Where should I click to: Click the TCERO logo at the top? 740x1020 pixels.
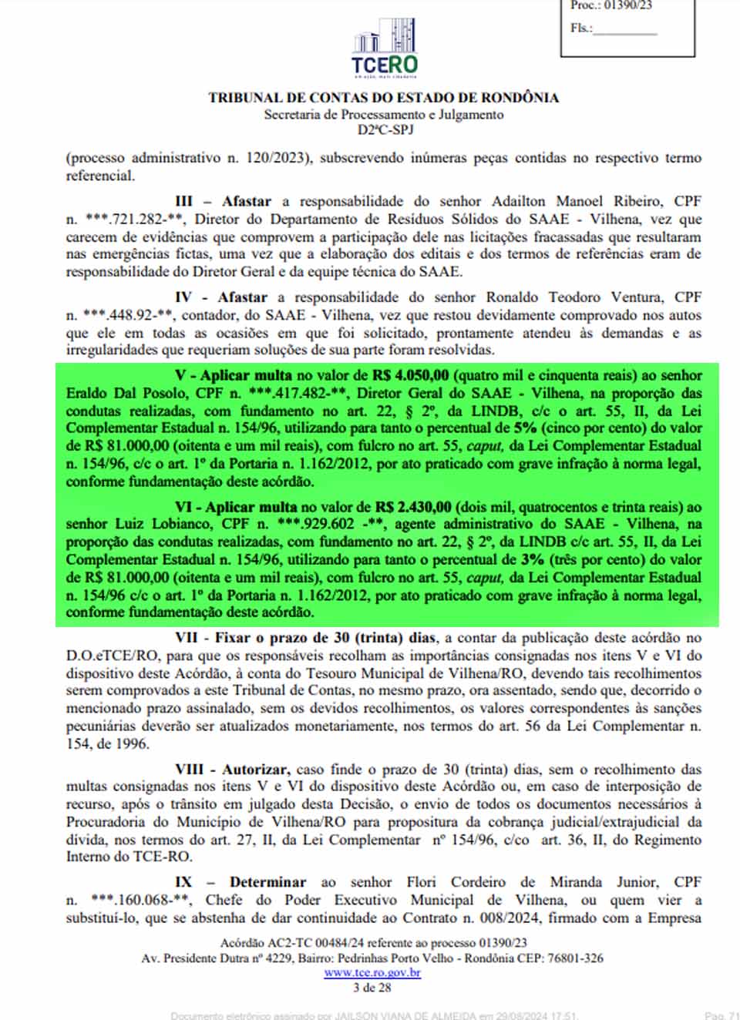click(x=384, y=48)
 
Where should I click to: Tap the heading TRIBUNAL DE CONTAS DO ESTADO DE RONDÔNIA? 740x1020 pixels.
click(x=383, y=98)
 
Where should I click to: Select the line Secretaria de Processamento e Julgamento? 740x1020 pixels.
click(x=383, y=115)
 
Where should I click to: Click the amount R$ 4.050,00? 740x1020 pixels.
click(x=410, y=376)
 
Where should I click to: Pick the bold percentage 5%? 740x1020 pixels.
click(x=525, y=428)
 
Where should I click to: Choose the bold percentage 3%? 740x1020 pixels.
click(x=532, y=560)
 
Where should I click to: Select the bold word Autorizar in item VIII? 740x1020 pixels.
click(x=255, y=770)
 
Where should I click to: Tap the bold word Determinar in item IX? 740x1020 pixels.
click(x=267, y=882)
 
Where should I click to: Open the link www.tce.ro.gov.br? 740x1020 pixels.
click(x=372, y=973)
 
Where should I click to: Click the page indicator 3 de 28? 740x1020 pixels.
click(x=372, y=988)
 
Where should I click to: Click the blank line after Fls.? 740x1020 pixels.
click(x=624, y=31)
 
